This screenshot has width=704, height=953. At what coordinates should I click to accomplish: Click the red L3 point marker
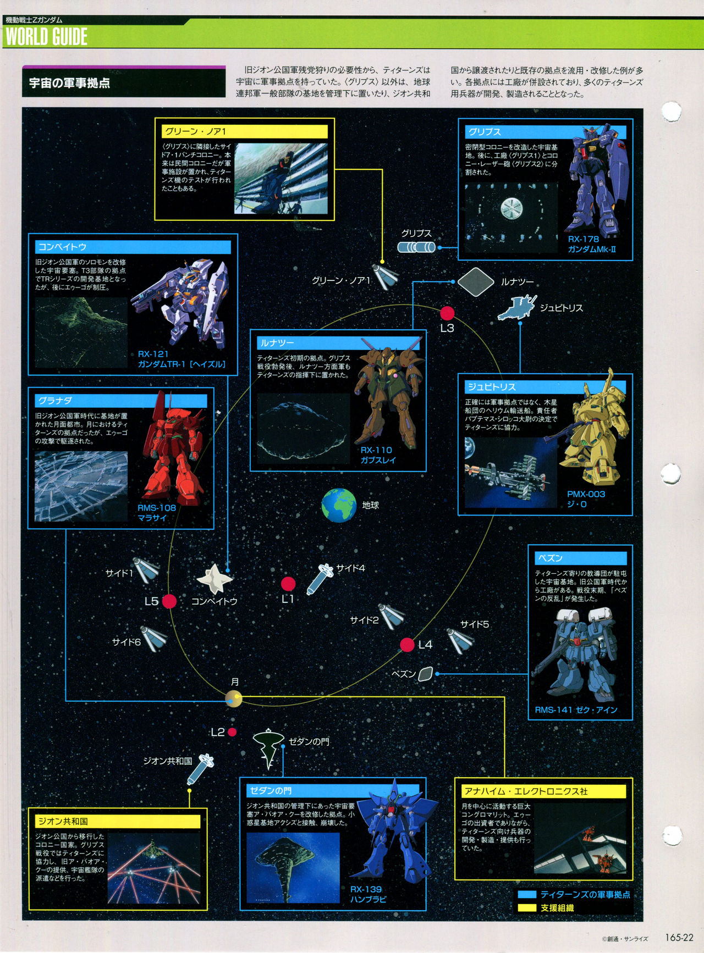[447, 313]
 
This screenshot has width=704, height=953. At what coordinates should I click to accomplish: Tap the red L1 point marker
[288, 584]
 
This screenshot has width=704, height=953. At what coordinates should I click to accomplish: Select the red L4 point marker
[407, 645]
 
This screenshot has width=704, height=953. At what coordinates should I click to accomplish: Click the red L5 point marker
[169, 601]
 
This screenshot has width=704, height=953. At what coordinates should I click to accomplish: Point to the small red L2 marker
[232, 732]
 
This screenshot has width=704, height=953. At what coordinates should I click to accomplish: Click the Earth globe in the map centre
[339, 505]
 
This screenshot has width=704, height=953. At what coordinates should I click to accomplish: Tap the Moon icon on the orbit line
[234, 699]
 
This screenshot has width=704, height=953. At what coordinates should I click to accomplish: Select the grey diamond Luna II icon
[476, 282]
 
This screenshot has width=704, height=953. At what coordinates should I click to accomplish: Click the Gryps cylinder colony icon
[416, 247]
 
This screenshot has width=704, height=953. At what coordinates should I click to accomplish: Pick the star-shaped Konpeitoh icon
[215, 579]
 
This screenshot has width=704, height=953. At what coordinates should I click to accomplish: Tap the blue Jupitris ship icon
[516, 308]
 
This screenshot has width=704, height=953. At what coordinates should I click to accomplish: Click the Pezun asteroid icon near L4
[425, 674]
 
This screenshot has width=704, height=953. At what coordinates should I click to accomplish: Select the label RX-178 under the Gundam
[583, 239]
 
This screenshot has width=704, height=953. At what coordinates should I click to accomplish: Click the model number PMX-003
[586, 494]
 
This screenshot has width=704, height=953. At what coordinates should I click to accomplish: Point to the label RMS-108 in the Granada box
[157, 508]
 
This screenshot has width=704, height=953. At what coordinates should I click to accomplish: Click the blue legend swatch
[527, 895]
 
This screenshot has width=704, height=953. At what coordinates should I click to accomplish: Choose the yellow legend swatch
[527, 908]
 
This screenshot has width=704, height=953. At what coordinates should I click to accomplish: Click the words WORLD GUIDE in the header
[47, 37]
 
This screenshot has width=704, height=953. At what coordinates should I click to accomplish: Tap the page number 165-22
[679, 938]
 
